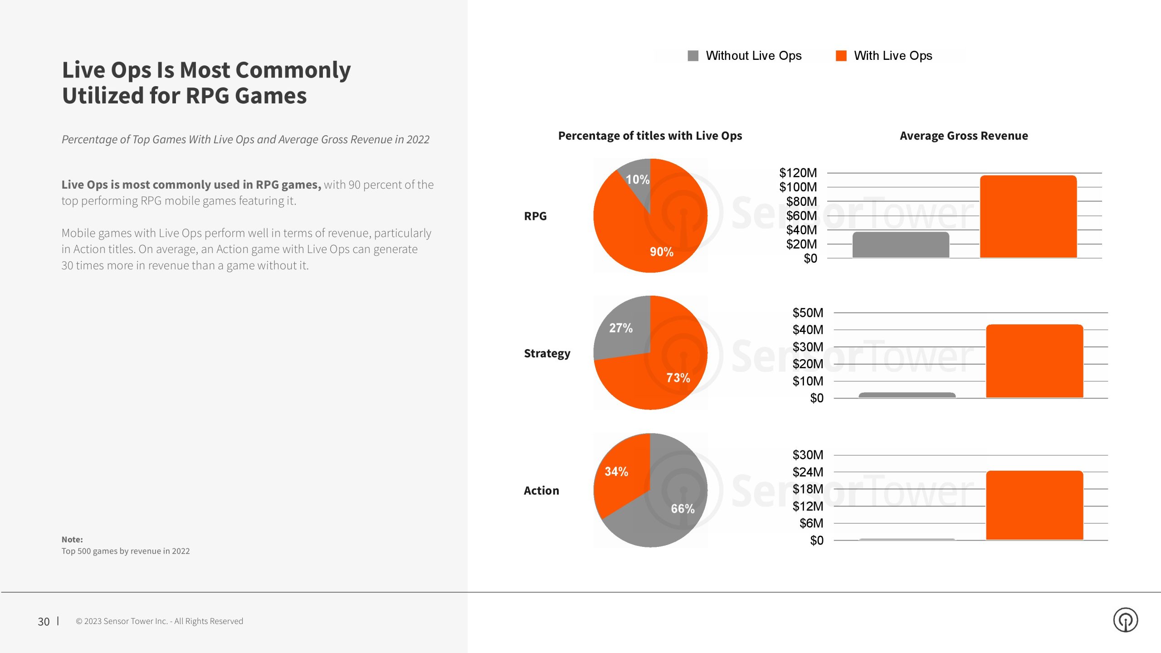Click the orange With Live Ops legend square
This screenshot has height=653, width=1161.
click(x=841, y=56)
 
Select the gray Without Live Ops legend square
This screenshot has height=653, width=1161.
click(x=693, y=56)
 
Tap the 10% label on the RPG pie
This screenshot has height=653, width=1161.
click(x=637, y=180)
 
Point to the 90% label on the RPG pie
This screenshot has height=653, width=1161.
click(x=661, y=252)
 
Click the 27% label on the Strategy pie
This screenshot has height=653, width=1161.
click(x=620, y=328)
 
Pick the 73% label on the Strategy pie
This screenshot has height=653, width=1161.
click(x=678, y=378)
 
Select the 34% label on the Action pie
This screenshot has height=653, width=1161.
click(x=616, y=472)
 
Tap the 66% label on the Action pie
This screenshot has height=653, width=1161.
click(x=683, y=509)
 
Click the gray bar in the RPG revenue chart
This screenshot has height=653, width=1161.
click(x=901, y=245)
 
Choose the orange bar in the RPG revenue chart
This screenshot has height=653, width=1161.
click(x=1028, y=217)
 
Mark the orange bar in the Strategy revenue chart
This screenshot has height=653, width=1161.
click(x=1034, y=361)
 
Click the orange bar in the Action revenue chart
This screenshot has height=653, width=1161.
click(x=1034, y=505)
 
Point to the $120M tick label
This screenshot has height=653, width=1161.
click(x=798, y=173)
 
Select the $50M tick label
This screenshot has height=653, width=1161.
click(x=807, y=313)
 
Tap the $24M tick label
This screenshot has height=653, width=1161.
click(x=807, y=472)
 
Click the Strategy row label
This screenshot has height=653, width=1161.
click(x=547, y=353)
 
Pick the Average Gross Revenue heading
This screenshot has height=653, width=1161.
click(x=964, y=136)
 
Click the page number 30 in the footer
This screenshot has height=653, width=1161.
click(x=44, y=622)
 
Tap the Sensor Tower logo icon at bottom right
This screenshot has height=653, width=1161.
click(x=1125, y=620)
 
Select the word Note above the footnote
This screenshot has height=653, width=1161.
click(x=72, y=540)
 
